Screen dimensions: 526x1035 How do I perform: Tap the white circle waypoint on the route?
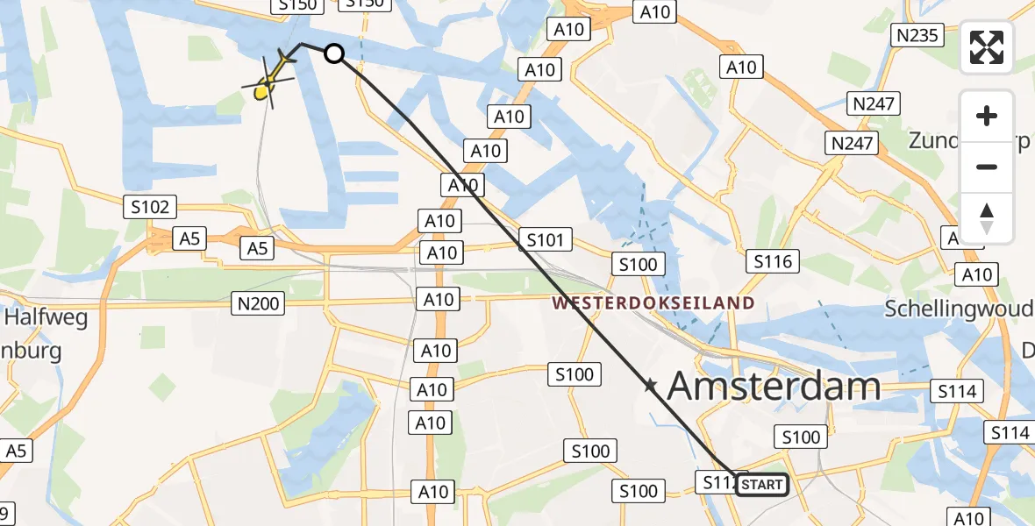click(334, 53)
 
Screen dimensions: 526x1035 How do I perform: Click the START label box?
click(761, 485)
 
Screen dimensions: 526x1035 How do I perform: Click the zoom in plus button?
click(987, 116)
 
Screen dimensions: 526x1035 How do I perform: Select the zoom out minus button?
click(987, 167)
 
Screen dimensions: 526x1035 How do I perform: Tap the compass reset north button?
click(987, 218)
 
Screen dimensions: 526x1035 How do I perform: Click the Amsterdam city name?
click(774, 386)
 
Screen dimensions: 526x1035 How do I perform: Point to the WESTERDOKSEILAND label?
click(653, 303)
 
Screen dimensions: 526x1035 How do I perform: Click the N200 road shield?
click(258, 304)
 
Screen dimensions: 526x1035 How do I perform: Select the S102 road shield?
click(150, 208)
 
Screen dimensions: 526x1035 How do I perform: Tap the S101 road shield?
click(545, 238)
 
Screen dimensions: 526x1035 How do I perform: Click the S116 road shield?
click(773, 260)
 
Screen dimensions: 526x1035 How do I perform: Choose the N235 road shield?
click(916, 35)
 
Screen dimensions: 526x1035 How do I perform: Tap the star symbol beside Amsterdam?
click(650, 385)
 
